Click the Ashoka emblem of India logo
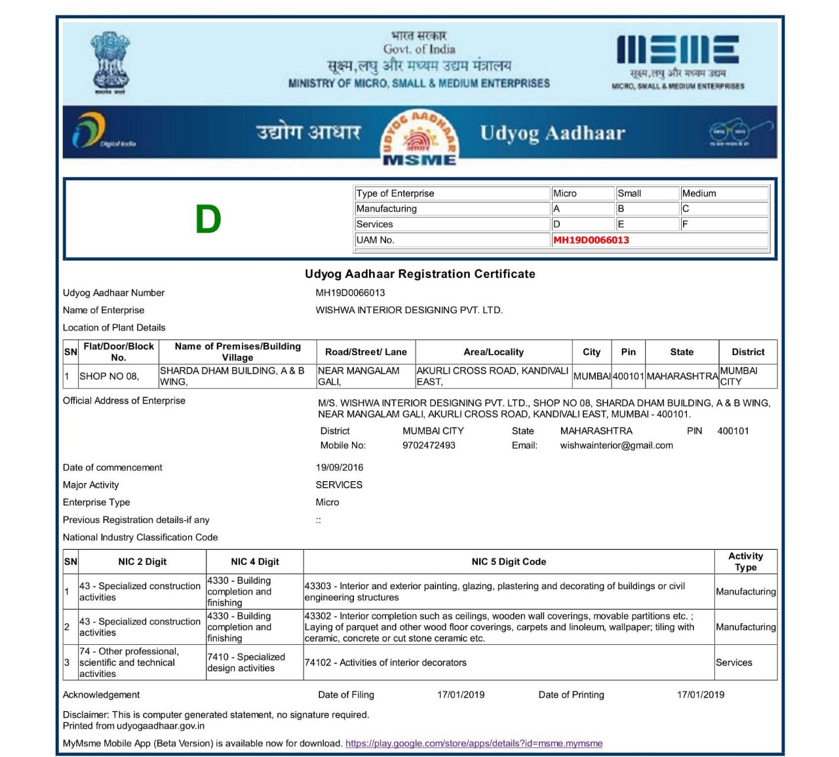point(110,62)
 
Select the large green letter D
point(208,220)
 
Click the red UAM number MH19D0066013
point(591,240)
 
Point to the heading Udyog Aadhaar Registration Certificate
point(419,274)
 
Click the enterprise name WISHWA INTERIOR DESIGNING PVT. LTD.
point(409,310)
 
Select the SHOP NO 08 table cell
point(109,376)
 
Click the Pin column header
point(628,352)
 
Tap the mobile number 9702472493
point(429,446)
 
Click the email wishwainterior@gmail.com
point(616,446)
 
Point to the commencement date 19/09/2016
point(340,467)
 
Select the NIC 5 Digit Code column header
point(509,562)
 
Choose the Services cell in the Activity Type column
point(734,663)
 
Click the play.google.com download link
point(474,743)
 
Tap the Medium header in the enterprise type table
point(699,193)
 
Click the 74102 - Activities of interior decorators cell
point(385,663)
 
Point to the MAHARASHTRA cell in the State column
point(682,376)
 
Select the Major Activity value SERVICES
point(339,485)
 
